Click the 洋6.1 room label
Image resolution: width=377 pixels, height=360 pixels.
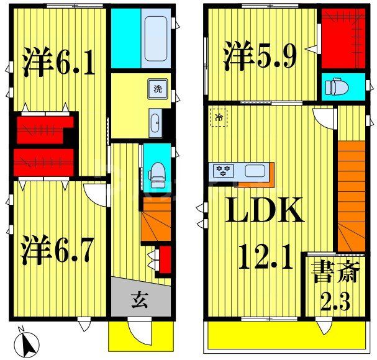coord(60,61)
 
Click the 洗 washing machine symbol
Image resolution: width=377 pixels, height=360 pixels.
coord(158,88)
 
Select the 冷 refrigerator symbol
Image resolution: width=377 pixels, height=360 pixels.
coord(219,117)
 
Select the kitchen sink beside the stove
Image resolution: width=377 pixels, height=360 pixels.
coord(255,171)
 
